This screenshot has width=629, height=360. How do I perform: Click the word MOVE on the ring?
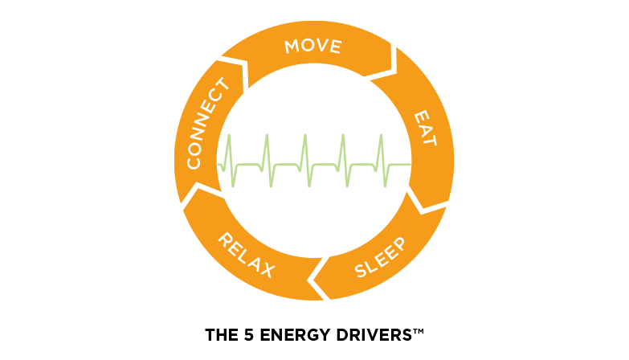[x=313, y=46]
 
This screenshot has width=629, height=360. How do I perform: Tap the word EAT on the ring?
[x=425, y=128]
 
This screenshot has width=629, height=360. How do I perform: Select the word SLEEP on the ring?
[x=380, y=257]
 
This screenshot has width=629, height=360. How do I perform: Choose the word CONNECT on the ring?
[x=208, y=123]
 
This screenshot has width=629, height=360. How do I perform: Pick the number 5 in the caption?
[x=249, y=335]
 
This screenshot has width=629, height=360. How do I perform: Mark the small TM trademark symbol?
[x=419, y=331]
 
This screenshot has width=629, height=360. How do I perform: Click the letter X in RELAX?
[x=267, y=270]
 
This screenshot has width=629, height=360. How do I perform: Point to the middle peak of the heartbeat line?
[x=305, y=135]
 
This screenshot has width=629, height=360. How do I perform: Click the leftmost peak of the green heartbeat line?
[x=229, y=135]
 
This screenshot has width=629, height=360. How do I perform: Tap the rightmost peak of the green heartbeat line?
[x=381, y=135]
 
